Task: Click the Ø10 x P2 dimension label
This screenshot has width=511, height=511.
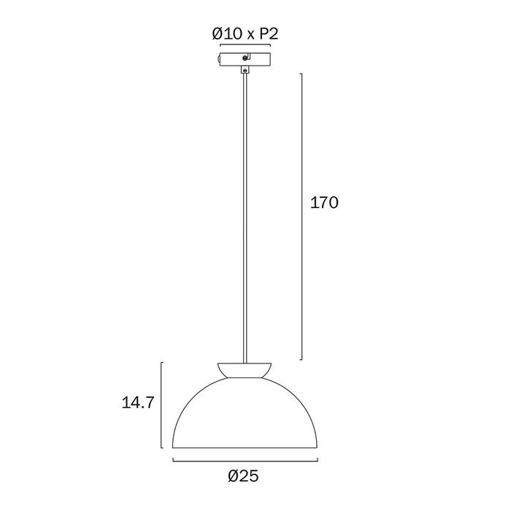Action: pos(245,34)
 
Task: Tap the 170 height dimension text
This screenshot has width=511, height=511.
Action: pos(324,203)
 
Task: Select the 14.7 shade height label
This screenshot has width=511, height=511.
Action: pos(137,403)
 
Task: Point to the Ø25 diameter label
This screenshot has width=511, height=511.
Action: pos(243,476)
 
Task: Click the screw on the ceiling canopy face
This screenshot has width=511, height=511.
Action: pos(245,58)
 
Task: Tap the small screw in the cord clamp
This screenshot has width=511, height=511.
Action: pos(245,69)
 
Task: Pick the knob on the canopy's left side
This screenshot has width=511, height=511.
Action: pos(219,59)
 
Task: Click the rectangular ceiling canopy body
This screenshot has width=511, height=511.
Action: pos(245,59)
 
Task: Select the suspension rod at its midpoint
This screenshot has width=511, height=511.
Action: pos(245,218)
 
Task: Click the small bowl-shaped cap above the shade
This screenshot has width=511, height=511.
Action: pos(245,371)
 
